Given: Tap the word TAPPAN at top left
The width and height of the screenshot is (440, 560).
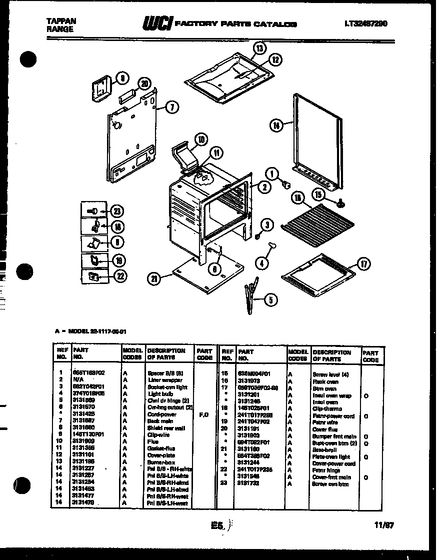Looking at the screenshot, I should pos(61,21).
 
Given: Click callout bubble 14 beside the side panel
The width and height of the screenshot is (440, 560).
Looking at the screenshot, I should pos(275,125).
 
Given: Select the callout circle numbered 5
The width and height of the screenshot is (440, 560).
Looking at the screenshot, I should pos(270,300).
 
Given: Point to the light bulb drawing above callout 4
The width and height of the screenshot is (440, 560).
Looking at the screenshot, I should pos(273,244).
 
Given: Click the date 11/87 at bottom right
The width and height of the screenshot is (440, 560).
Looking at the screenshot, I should pos(384,525).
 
